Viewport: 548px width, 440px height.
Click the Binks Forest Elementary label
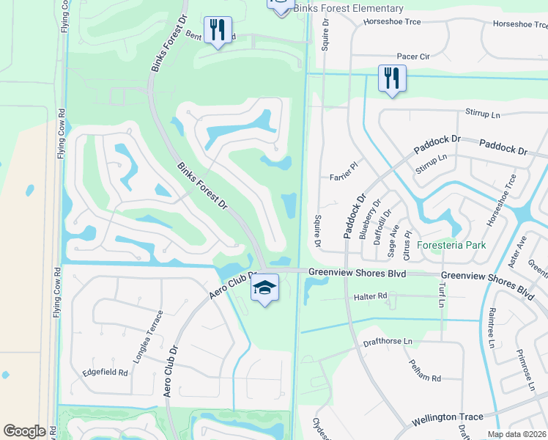tap(348, 8)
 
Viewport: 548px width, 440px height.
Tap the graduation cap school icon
tap(264, 287)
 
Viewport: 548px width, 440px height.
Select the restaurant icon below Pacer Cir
tap(392, 78)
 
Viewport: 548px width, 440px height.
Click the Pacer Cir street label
tap(412, 56)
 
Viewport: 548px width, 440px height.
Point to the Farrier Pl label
tap(343, 171)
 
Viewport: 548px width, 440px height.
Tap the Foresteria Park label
tap(452, 245)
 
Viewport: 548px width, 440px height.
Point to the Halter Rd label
tap(370, 296)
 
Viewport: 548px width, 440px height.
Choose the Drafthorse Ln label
tap(388, 342)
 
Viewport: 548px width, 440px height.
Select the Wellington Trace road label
tap(447, 417)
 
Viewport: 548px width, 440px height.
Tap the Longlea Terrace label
tap(155, 332)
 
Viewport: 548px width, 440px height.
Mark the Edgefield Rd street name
tap(105, 373)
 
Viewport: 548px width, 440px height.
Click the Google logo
tap(25, 430)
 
